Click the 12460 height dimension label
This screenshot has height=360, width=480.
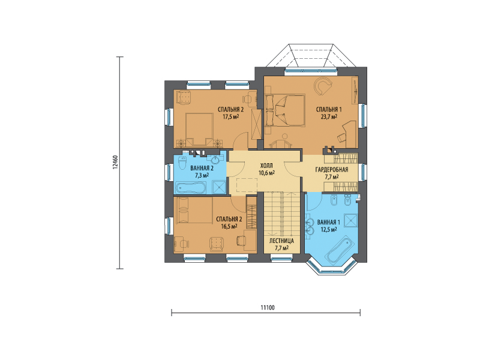[x=115, y=162]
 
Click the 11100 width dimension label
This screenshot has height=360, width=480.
[x=268, y=308]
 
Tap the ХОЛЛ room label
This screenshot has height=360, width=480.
[x=266, y=166]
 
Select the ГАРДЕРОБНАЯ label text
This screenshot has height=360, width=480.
[x=332, y=170]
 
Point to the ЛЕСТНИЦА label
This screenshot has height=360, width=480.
[x=281, y=241]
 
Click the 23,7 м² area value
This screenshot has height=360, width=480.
[x=329, y=116]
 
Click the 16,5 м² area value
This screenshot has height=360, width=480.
[x=229, y=227]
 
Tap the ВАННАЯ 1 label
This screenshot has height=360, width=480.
[x=329, y=222]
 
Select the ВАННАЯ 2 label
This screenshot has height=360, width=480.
[x=202, y=168]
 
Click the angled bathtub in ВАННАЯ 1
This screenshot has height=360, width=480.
[x=340, y=249]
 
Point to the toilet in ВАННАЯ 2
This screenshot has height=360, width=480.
[x=182, y=163]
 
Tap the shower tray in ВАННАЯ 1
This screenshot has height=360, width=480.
[x=350, y=220]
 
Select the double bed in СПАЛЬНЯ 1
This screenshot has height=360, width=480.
[x=286, y=110]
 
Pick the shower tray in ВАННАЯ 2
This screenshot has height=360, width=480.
[x=220, y=187]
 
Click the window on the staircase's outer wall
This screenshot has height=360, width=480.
[x=281, y=259]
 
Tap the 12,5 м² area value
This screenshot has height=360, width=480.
[x=329, y=229]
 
